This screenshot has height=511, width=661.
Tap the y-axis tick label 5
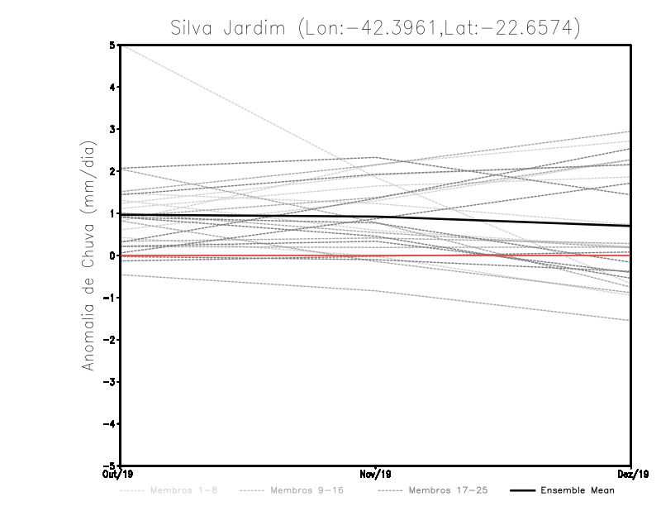tap(112, 45)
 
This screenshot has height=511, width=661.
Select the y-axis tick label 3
tap(112, 130)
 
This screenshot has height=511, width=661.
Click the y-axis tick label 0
tap(112, 255)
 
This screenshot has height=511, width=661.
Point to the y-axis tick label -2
tap(110, 340)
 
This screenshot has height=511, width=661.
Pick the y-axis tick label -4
tap(110, 424)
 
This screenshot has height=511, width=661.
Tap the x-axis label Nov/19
tap(376, 475)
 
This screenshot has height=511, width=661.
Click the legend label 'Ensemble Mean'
tap(578, 491)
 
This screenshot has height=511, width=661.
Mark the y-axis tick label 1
tap(112, 214)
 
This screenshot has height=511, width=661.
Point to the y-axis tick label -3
tap(110, 382)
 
